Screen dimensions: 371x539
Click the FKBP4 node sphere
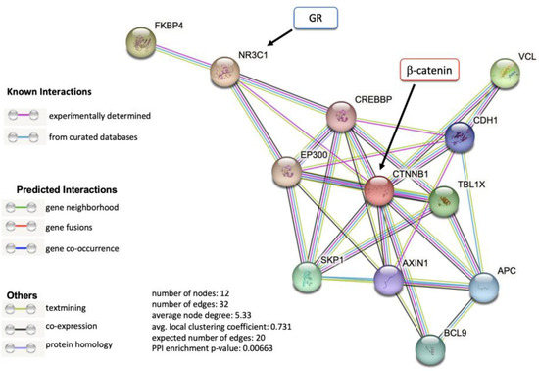[144, 42]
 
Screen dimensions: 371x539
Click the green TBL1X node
[444, 202]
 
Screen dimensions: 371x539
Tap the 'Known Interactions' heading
[50, 91]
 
